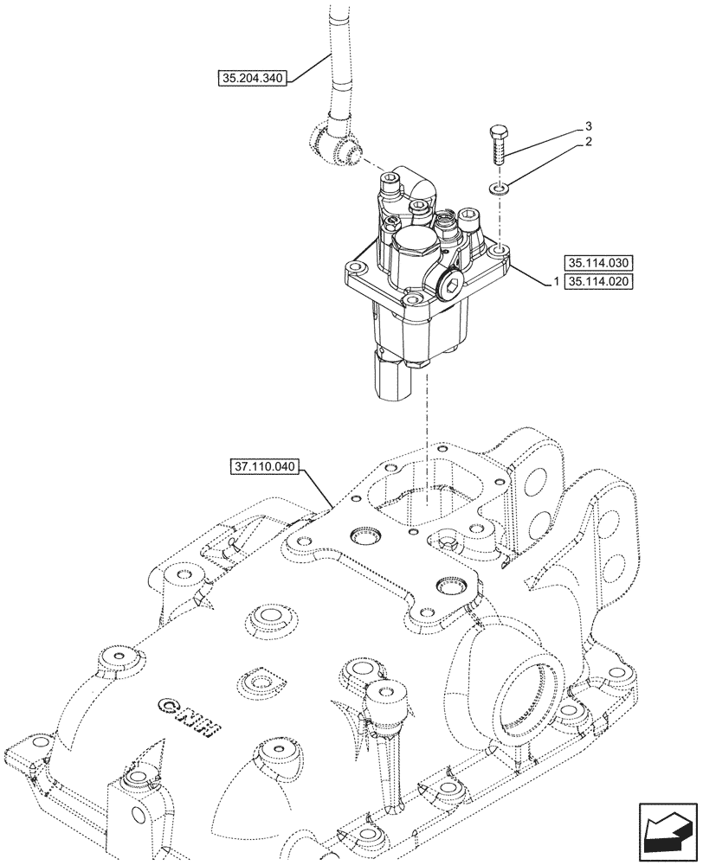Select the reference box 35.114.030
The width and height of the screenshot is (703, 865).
(x=599, y=263)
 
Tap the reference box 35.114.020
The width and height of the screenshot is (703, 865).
(x=599, y=282)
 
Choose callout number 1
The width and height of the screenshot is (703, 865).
(x=546, y=282)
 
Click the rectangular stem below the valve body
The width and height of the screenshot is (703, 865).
(x=391, y=375)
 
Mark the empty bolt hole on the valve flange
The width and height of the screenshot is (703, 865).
(x=501, y=253)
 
